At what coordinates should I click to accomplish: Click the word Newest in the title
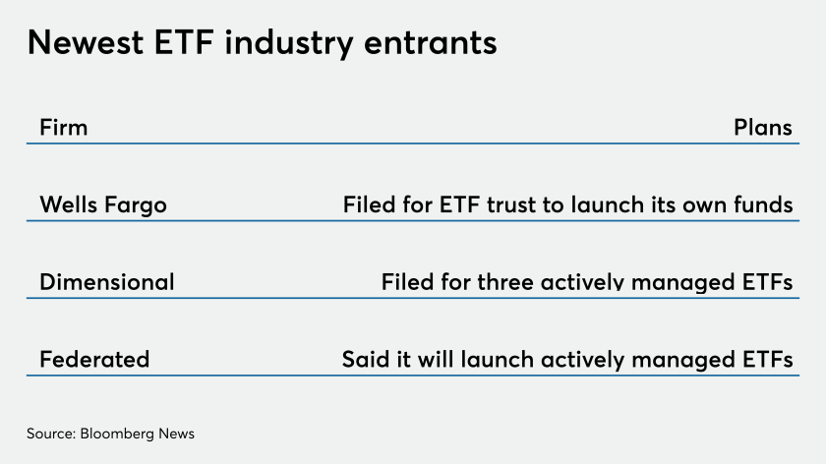[x=86, y=42]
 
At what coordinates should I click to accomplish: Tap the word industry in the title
[x=289, y=43]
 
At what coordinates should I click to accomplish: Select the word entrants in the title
[x=430, y=43]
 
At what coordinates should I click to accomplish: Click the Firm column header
[x=64, y=128]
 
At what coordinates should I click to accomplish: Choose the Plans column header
[x=763, y=128]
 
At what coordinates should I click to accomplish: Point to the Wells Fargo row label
[x=103, y=204]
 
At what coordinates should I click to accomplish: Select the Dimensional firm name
[x=107, y=282]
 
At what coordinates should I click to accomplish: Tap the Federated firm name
[x=94, y=359]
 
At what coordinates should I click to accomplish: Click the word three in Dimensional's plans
[x=505, y=282]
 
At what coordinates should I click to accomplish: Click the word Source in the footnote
[x=51, y=434]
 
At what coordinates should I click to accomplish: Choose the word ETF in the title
[x=184, y=42]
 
